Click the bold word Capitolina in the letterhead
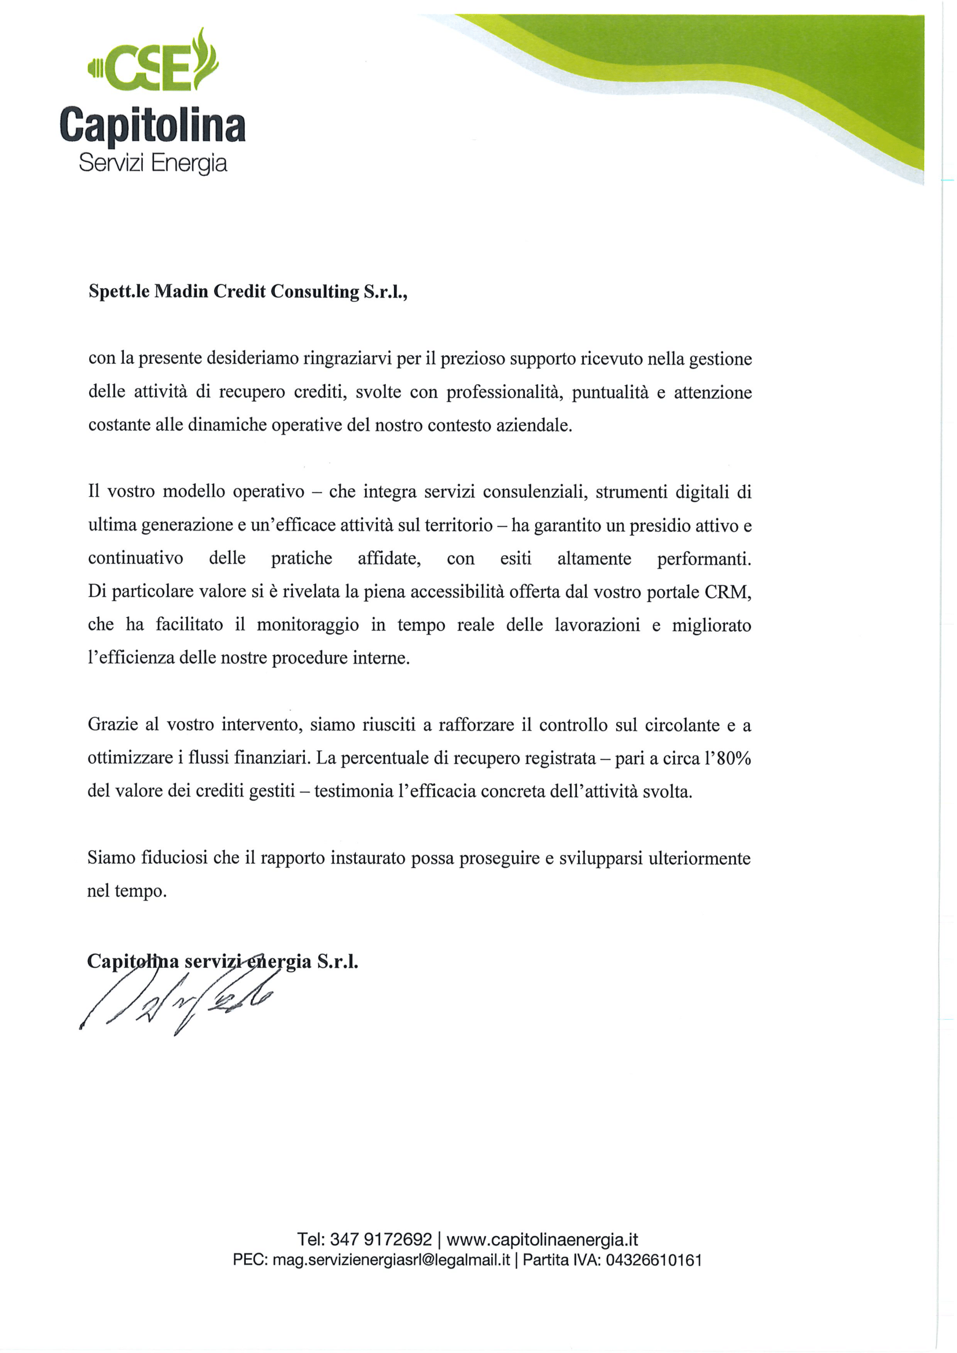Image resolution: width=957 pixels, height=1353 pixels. click(x=152, y=125)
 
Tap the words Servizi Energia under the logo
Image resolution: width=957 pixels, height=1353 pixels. click(x=153, y=163)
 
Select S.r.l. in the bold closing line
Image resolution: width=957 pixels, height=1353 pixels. click(x=338, y=962)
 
